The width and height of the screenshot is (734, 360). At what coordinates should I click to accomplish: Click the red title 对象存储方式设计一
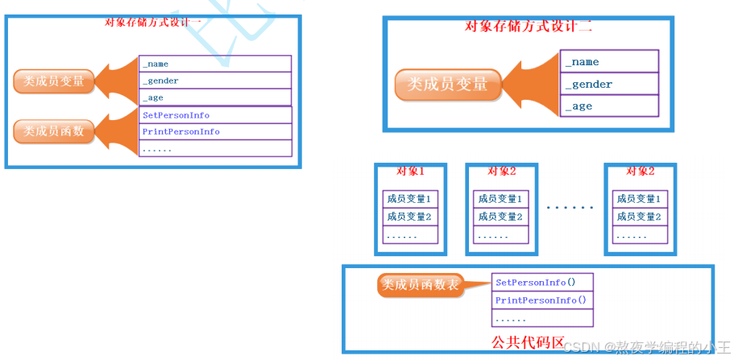[x=153, y=22]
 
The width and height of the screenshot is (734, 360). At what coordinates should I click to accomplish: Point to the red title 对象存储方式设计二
[x=529, y=26]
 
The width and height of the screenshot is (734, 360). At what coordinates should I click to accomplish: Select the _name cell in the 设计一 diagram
[x=215, y=64]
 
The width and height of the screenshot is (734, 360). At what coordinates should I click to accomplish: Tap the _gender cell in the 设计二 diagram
[x=609, y=84]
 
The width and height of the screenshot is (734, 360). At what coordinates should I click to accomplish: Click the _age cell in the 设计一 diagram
[x=215, y=97]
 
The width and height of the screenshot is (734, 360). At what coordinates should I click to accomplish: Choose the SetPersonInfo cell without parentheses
[x=215, y=115]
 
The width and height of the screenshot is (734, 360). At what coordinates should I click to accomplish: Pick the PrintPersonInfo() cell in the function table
[x=542, y=300]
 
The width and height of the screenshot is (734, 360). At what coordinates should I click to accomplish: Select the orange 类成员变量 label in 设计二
[x=447, y=84]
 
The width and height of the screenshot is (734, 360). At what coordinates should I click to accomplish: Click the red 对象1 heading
[x=410, y=171]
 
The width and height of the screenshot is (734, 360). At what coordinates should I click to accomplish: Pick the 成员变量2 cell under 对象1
[x=409, y=216]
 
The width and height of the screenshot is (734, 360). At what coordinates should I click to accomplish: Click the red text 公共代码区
[x=528, y=341]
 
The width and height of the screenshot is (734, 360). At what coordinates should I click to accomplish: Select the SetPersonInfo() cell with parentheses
[x=542, y=283]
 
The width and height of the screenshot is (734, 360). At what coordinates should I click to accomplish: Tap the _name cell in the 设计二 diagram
[x=609, y=62]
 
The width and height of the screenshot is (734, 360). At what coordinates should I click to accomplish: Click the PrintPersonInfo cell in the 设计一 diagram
[x=215, y=131]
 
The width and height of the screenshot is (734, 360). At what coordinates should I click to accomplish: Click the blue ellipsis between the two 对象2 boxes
[x=570, y=207]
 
